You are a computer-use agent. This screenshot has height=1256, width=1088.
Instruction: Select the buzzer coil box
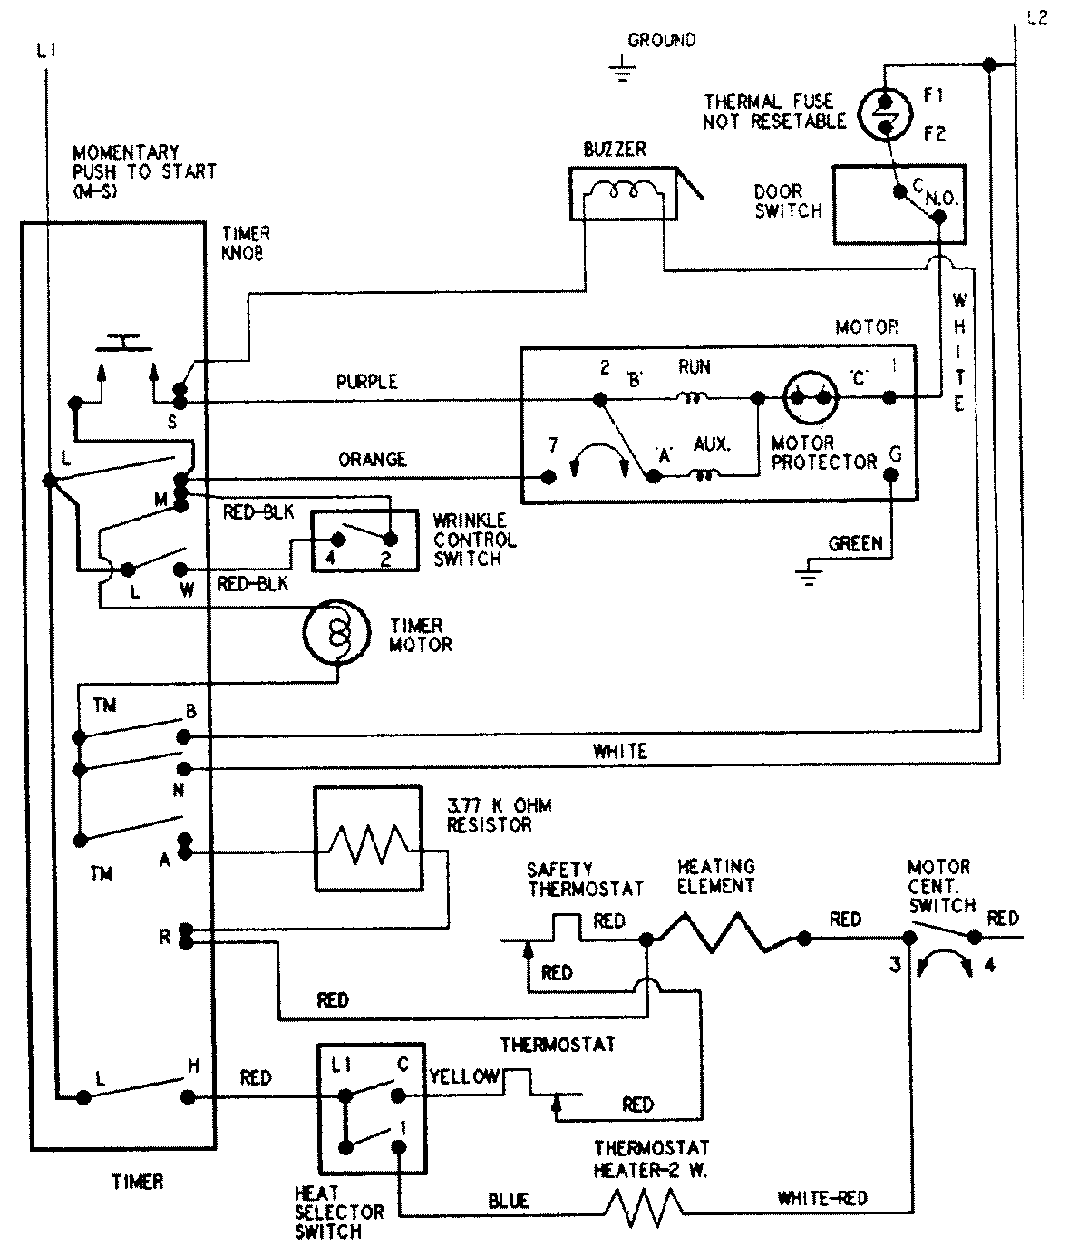[623, 194]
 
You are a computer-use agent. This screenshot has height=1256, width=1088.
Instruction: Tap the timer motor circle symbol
[336, 633]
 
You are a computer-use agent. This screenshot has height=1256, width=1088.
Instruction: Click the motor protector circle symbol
[811, 397]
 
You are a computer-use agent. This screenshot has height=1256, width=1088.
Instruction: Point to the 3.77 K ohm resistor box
[368, 839]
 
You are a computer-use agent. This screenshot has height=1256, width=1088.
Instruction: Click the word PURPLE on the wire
[367, 382]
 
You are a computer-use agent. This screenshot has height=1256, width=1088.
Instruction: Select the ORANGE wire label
[373, 460]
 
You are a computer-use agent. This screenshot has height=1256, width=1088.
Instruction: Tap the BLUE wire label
[509, 1202]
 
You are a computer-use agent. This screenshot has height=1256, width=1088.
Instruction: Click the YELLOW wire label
[465, 1077]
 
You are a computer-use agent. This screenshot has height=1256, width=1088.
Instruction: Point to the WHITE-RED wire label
[822, 1199]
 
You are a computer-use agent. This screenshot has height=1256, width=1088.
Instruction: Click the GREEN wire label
[855, 543]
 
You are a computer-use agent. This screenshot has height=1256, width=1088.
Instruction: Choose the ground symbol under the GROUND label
[622, 68]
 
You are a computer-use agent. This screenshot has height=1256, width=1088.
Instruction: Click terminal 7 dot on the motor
[549, 477]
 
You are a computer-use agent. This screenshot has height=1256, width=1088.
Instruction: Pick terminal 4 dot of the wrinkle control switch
[338, 539]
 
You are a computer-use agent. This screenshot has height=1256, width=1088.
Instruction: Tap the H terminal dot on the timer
[189, 1096]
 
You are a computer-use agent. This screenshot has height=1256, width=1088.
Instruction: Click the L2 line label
[1037, 17]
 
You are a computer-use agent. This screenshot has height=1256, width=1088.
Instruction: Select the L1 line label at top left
[47, 51]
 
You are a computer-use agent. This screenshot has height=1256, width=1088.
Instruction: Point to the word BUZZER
[615, 150]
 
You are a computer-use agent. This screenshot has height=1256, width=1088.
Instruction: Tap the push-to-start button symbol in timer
[124, 342]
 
